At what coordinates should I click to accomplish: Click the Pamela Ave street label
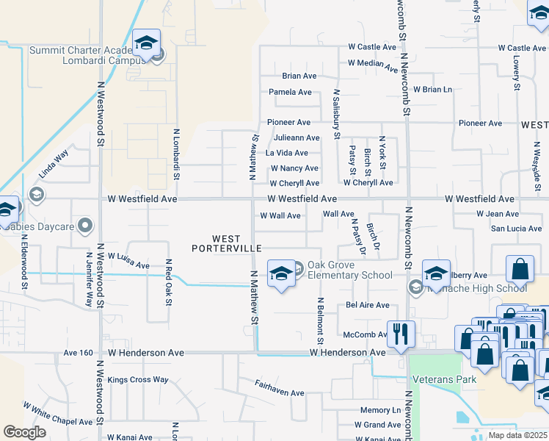[291, 93]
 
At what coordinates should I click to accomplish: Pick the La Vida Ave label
[286, 153]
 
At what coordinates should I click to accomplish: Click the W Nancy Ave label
[294, 168]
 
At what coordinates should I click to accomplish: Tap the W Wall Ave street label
[280, 216]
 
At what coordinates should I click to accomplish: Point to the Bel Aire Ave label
[367, 305]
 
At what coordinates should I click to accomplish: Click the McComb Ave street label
[365, 335]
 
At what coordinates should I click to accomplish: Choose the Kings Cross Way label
[138, 380]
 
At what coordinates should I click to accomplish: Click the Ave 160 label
[78, 353]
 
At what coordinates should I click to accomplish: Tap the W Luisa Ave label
[128, 260]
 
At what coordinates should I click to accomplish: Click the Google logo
[24, 432]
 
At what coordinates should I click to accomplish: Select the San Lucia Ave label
[516, 229]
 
